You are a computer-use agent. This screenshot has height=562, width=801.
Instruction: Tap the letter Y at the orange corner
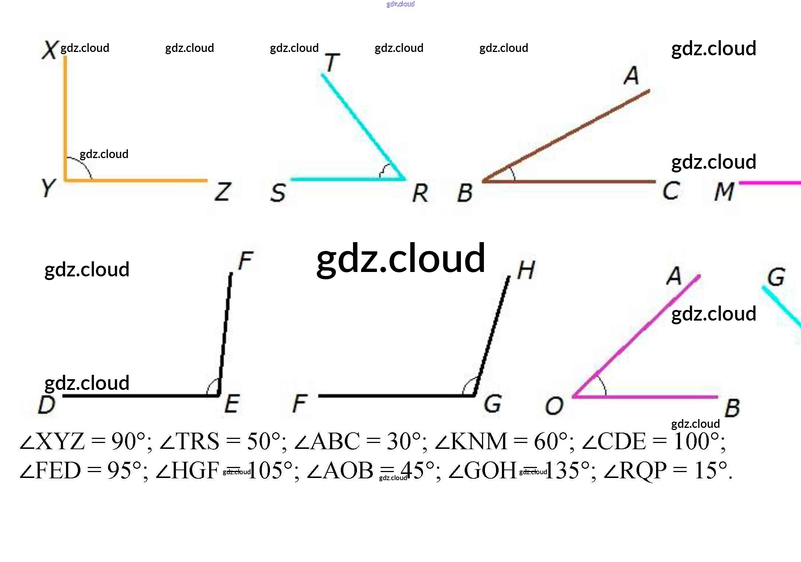click(x=48, y=188)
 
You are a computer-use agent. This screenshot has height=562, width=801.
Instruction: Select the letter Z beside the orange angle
click(x=223, y=192)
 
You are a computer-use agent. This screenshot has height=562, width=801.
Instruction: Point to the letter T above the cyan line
click(x=332, y=63)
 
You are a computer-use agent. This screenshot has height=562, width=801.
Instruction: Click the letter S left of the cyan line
click(x=278, y=193)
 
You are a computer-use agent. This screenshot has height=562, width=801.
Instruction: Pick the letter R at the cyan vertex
click(x=420, y=193)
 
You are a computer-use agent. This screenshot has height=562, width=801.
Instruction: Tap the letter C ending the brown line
click(x=671, y=191)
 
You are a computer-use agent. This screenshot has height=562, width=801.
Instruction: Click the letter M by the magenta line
click(x=724, y=192)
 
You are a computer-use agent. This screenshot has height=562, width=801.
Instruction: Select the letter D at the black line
click(x=47, y=405)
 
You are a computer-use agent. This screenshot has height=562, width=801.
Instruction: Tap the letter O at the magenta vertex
click(x=554, y=406)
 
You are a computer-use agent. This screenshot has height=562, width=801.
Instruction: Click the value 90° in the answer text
click(x=128, y=441)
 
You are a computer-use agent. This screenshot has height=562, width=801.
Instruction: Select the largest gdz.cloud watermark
click(x=401, y=259)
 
